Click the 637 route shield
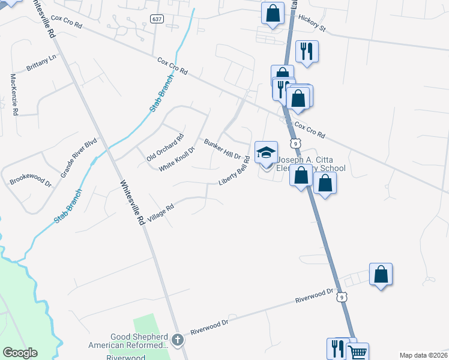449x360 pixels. pyautogui.click(x=157, y=19)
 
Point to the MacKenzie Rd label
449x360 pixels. pyautogui.click(x=14, y=94)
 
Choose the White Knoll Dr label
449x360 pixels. pyautogui.click(x=177, y=158)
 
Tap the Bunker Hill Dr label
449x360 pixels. pyautogui.click(x=222, y=149)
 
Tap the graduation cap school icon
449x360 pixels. pyautogui.click(x=266, y=152)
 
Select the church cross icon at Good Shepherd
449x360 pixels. pyautogui.click(x=177, y=340)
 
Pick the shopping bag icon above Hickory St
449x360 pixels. pyautogui.click(x=273, y=13)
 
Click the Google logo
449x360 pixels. pyautogui.click(x=20, y=353)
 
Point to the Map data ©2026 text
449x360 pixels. pyautogui.click(x=423, y=355)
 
